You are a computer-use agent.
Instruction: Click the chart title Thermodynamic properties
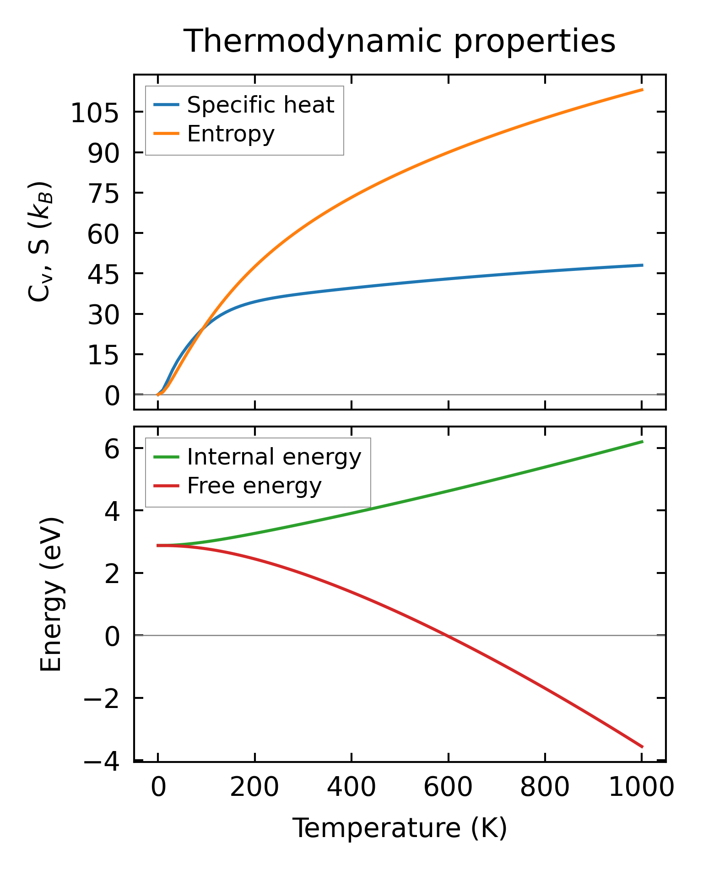[399, 41]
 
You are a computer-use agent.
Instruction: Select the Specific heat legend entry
[260, 105]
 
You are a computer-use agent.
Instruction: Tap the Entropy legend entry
[231, 134]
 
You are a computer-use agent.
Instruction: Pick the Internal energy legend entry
[274, 457]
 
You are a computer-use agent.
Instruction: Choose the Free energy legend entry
[254, 486]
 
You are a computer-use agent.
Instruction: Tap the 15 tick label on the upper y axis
[103, 355]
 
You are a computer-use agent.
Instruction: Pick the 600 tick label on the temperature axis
[448, 788]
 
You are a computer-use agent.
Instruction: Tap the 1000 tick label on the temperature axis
[641, 788]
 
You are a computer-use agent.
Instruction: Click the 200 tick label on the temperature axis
[254, 788]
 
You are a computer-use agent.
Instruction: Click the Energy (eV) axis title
[51, 594]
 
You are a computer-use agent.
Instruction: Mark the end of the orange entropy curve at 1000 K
[642, 90]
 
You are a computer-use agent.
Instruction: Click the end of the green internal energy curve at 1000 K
[642, 442]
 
